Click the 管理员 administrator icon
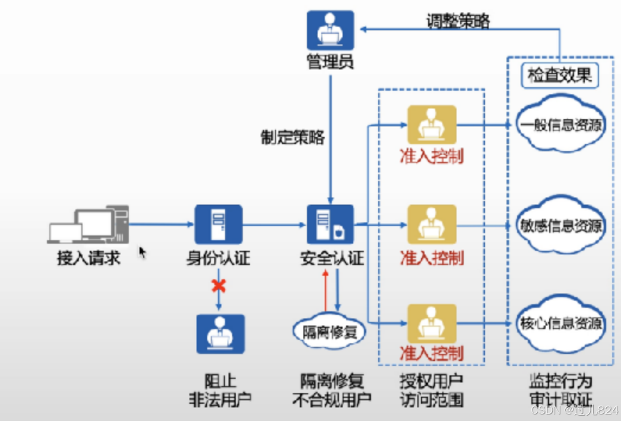click(x=329, y=31)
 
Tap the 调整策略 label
click(x=458, y=21)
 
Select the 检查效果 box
click(x=560, y=75)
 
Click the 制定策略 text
click(x=293, y=138)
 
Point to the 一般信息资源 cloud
click(x=560, y=126)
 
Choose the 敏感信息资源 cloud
click(x=560, y=226)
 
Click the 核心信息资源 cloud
click(x=560, y=324)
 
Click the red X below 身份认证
click(x=219, y=286)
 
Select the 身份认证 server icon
click(x=218, y=224)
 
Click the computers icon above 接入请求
click(x=88, y=225)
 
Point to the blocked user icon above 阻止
click(x=220, y=334)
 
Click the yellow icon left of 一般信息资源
click(x=432, y=125)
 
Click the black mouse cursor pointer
click(x=142, y=252)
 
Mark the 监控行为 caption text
click(x=560, y=380)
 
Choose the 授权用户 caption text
click(x=432, y=380)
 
